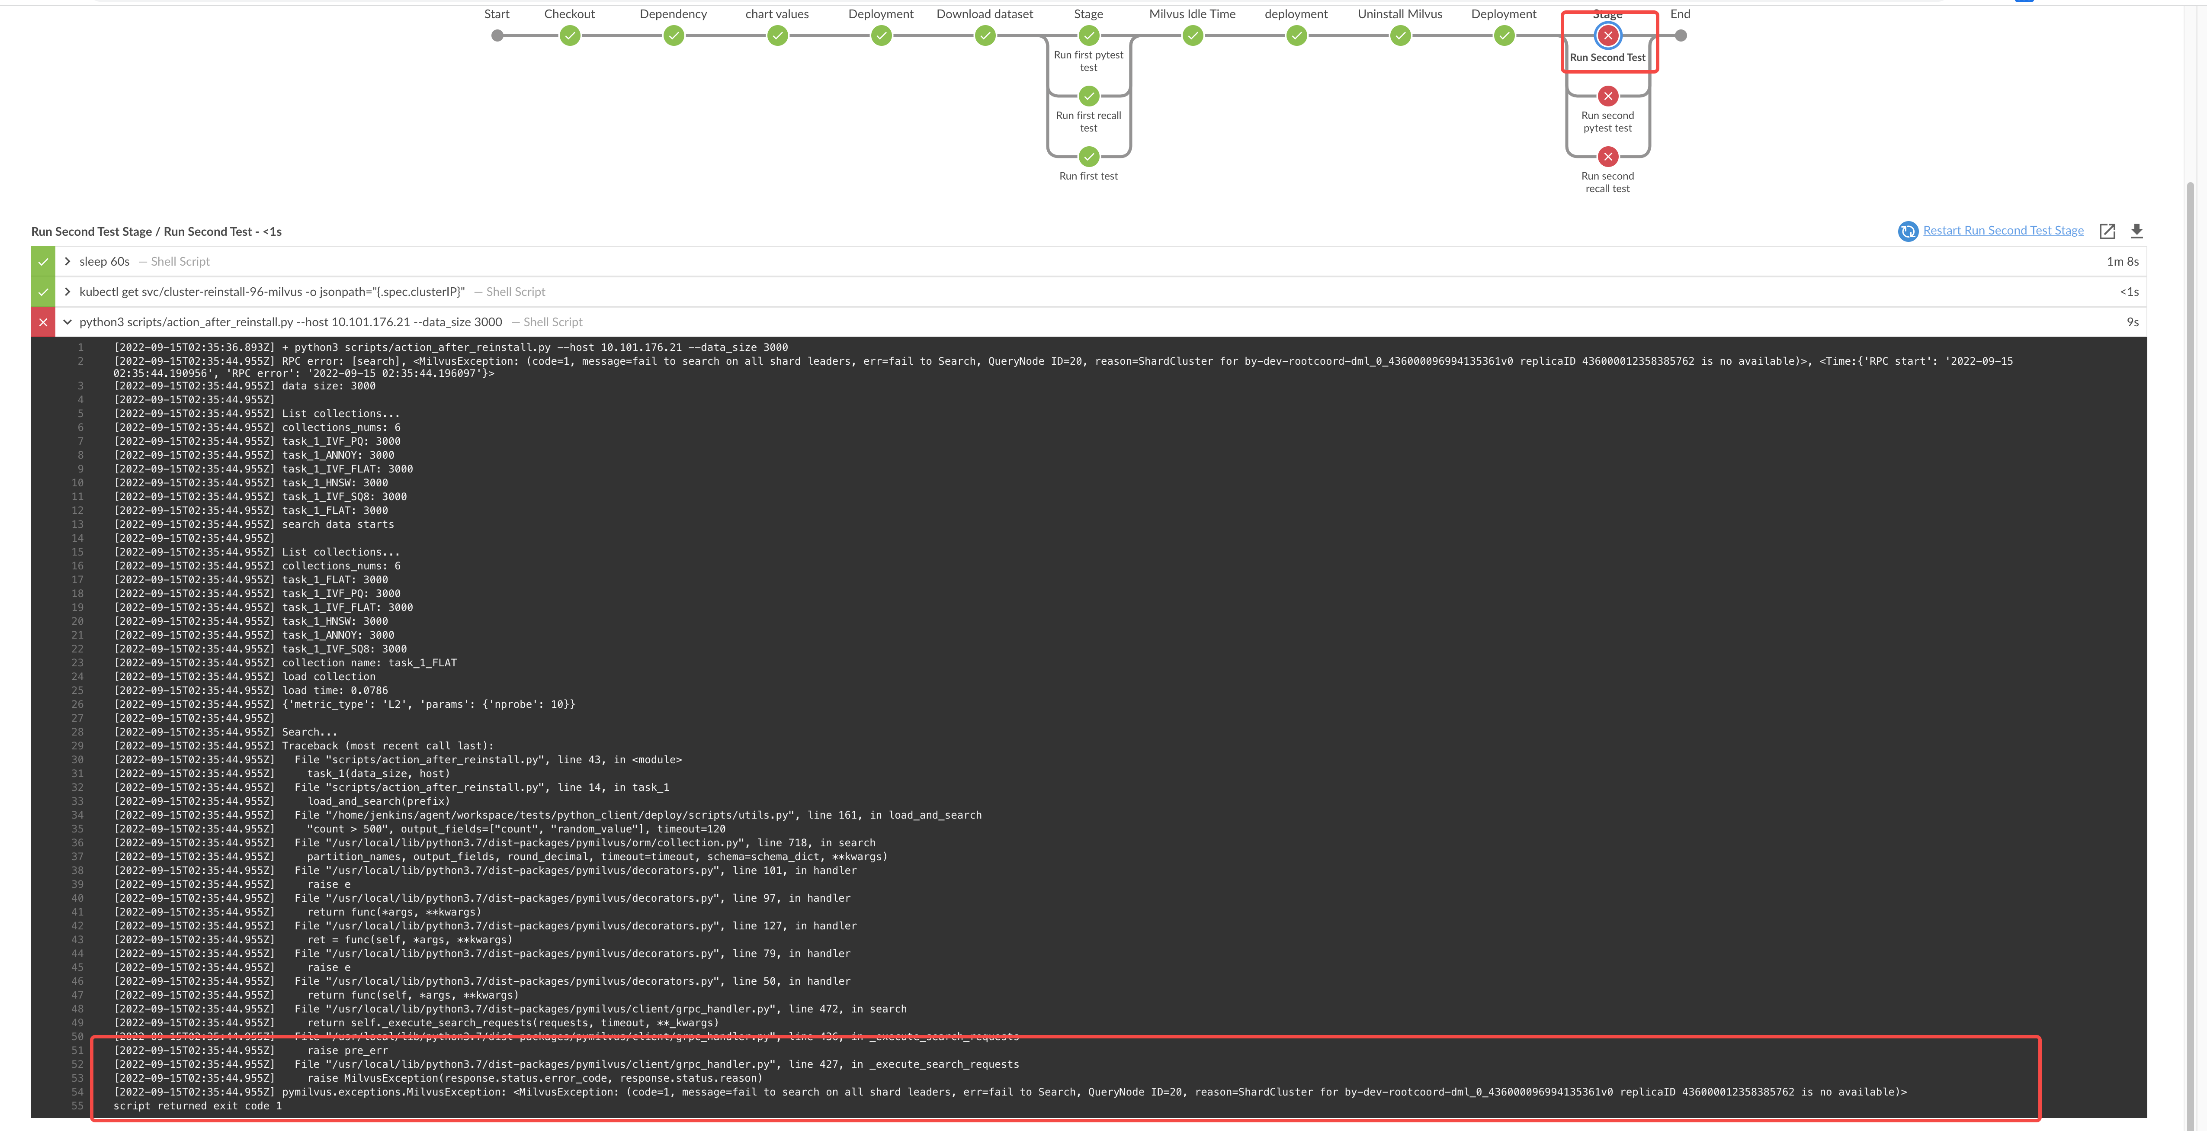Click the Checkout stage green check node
click(x=570, y=35)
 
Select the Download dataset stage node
click(x=985, y=35)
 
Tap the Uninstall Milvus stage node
click(x=1400, y=35)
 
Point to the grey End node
click(x=1681, y=35)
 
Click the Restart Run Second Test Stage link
click(x=2003, y=231)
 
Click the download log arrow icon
click(x=2137, y=231)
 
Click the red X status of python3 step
click(x=43, y=322)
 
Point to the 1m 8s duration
click(x=2122, y=261)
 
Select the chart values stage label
click(x=777, y=14)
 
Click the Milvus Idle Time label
click(x=1192, y=14)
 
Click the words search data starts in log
click(x=338, y=524)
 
